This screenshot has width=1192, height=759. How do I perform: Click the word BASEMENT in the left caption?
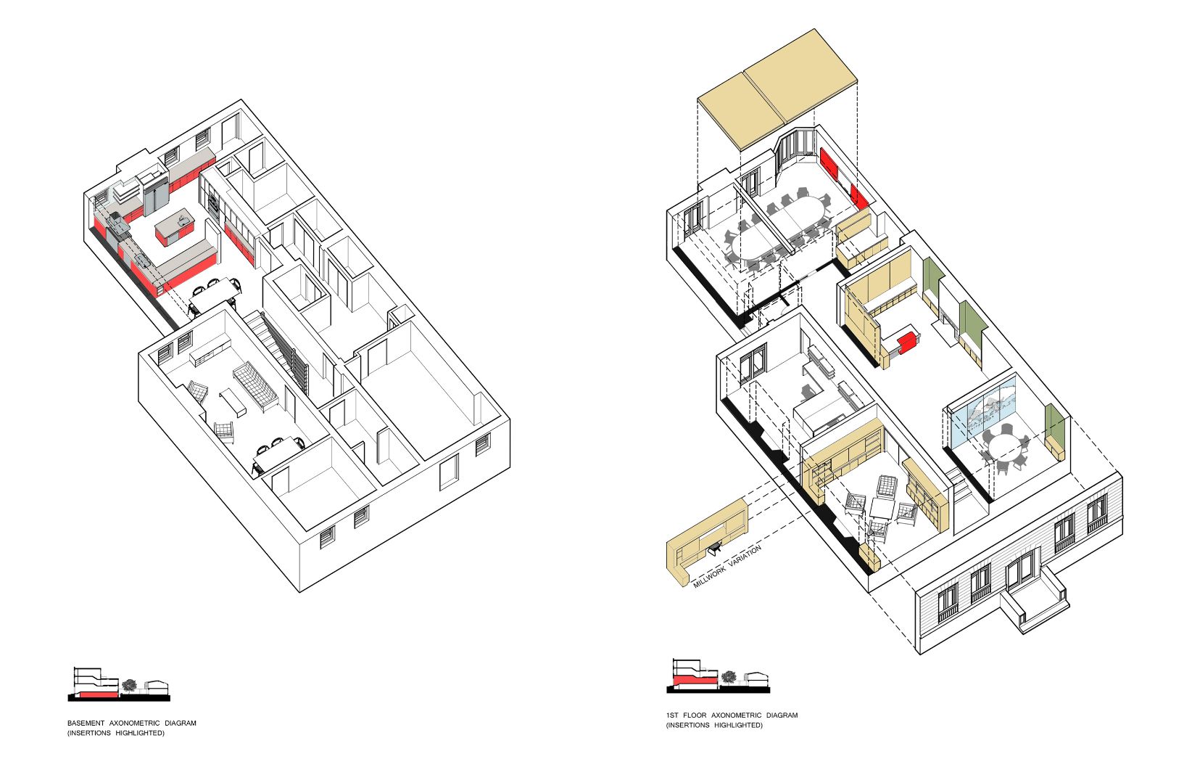pyautogui.click(x=86, y=723)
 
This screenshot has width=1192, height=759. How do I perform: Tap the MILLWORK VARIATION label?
pyautogui.click(x=727, y=566)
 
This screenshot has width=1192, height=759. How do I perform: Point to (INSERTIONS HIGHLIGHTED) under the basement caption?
pyautogui.click(x=116, y=733)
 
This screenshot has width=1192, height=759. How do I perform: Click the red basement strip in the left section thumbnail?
pyautogui.click(x=99, y=694)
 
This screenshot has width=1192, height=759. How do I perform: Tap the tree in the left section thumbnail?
pyautogui.click(x=129, y=686)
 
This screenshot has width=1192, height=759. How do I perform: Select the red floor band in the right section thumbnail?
pyautogui.click(x=695, y=680)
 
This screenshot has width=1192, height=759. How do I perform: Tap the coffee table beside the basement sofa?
pyautogui.click(x=233, y=402)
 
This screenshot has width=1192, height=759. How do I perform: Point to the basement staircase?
pyautogui.click(x=277, y=346)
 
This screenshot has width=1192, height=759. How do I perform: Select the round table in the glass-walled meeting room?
pyautogui.click(x=1005, y=446)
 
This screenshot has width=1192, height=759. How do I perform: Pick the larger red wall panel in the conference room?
pyautogui.click(x=829, y=165)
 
